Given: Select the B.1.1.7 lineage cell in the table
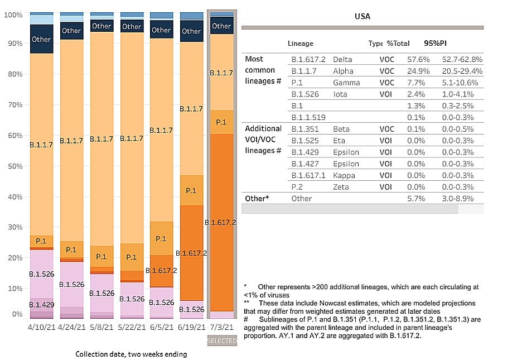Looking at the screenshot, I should coord(302,70).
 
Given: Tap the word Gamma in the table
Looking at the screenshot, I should coord(345,82).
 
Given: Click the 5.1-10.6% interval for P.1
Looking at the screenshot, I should coord(462,82).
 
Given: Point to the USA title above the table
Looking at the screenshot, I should coord(362,16).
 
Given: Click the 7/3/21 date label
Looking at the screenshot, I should coord(221,327).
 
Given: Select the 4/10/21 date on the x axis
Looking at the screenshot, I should coord(41,327).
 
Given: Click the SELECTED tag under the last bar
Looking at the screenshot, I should coord(222,340).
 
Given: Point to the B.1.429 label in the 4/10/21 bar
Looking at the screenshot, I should coord(41,305).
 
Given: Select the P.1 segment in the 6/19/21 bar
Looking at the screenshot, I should coord(191,190).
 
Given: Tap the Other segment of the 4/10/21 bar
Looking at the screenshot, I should coord(41,39).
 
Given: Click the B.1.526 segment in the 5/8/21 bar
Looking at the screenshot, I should coord(101,292).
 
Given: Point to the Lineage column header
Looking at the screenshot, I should coord(301,43).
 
